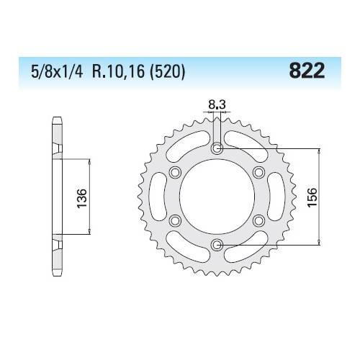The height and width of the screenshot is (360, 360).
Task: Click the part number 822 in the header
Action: (x=305, y=71)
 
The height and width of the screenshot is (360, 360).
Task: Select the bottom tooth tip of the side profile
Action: (x=55, y=278)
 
